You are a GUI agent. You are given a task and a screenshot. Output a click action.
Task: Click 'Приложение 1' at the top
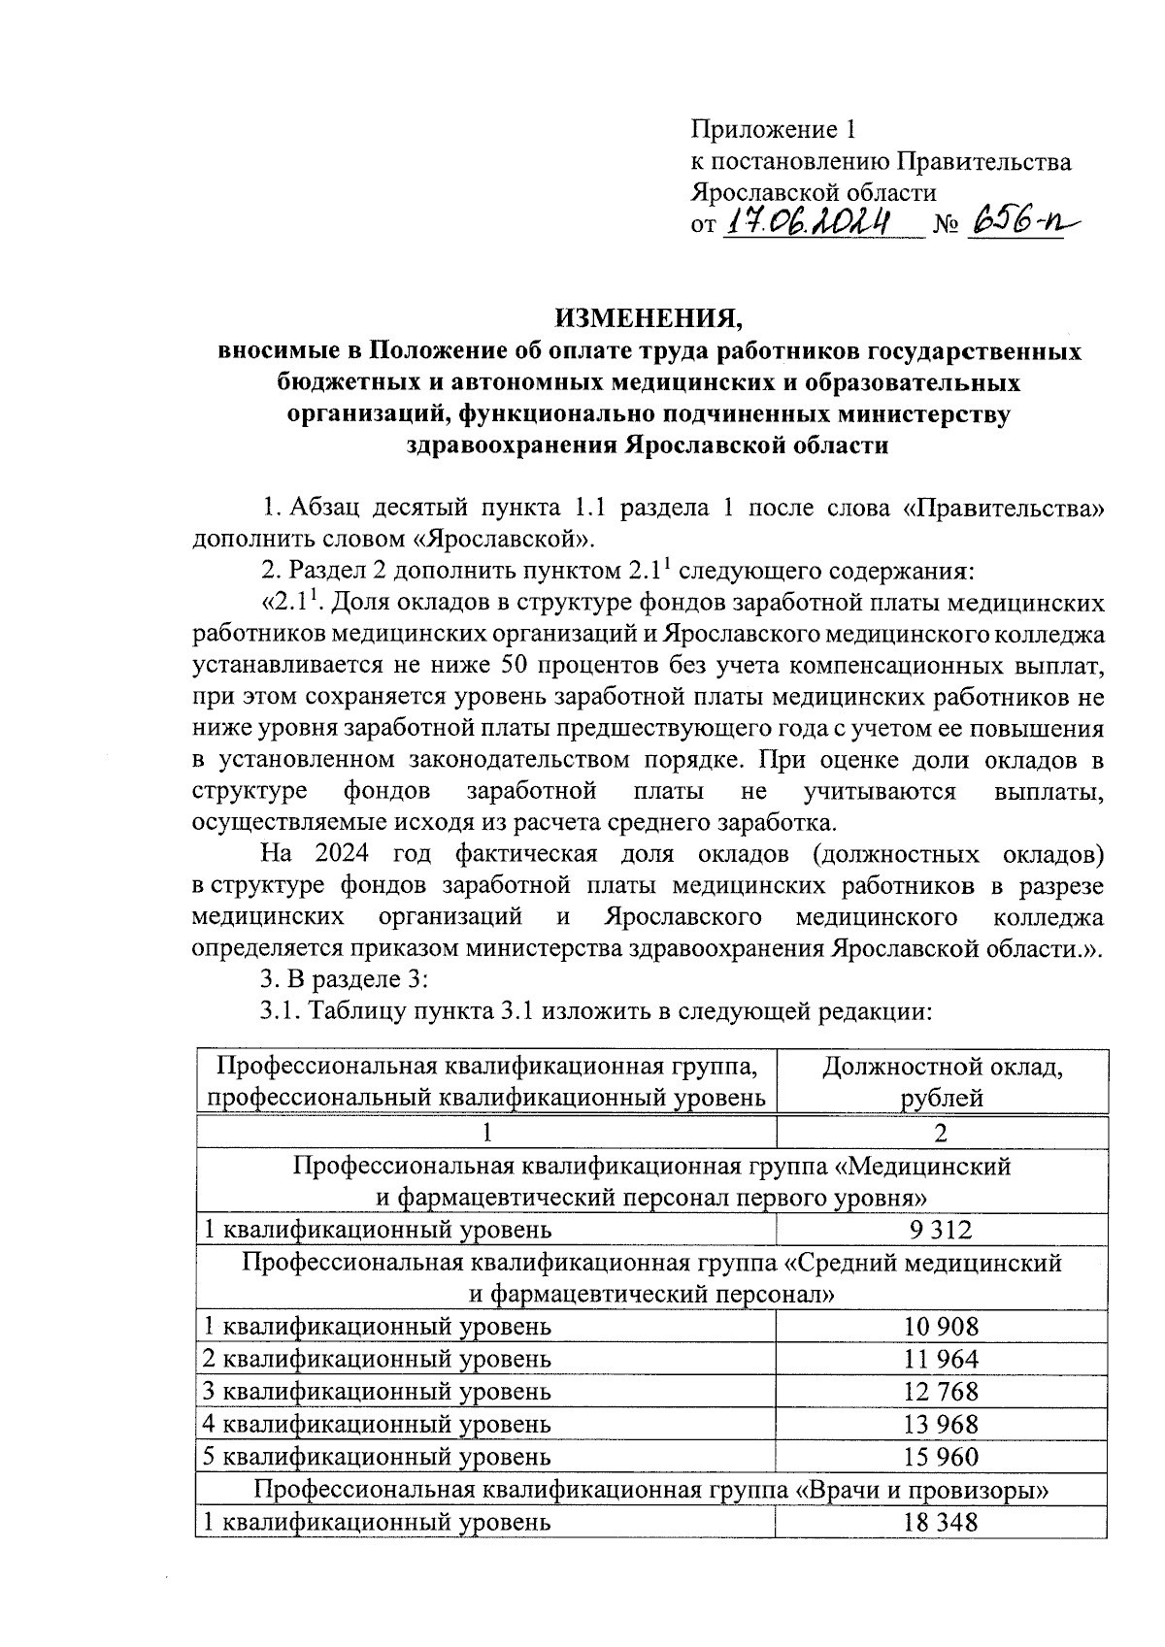775,129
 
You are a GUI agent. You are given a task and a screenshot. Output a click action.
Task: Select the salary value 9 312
940,1231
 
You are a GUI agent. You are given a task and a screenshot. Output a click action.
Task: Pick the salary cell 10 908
940,1326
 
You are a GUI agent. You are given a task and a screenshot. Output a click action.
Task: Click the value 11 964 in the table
940,1359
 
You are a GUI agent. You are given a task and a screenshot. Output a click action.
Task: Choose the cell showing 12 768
940,1391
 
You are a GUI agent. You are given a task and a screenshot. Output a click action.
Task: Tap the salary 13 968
940,1424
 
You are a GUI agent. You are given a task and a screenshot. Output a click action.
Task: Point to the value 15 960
940,1456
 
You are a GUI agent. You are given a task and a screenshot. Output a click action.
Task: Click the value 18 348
940,1522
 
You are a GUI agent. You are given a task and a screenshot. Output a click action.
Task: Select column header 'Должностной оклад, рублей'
941,1082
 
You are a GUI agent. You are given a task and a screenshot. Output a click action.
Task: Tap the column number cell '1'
485,1133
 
